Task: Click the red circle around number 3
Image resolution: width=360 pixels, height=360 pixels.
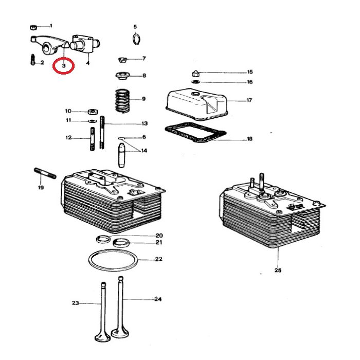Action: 64,66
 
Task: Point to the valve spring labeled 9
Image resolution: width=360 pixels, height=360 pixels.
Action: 122,100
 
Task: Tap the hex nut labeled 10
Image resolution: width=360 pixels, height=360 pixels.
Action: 93,111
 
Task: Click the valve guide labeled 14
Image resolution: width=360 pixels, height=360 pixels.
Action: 122,154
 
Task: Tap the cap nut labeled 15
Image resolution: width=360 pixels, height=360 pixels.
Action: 195,73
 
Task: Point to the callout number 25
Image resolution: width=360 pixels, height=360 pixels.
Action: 278,271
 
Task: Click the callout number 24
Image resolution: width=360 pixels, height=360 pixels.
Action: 158,299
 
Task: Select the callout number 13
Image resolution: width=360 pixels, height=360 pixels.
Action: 145,123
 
